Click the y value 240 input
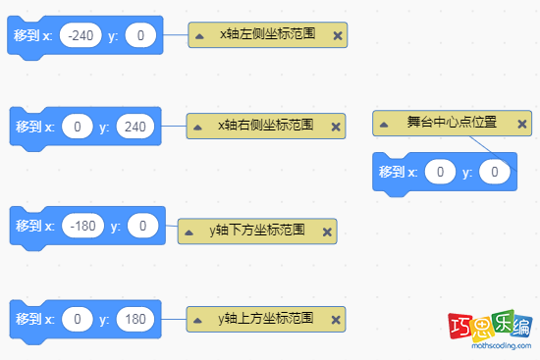(x=135, y=127)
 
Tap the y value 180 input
(x=135, y=320)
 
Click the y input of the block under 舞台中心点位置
(x=496, y=173)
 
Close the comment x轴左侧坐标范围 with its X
(x=338, y=35)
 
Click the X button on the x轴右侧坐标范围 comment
(x=336, y=126)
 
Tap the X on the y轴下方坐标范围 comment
(x=327, y=231)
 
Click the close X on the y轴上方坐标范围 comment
(x=336, y=319)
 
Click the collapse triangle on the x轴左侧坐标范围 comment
(x=199, y=35)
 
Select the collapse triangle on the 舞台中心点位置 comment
(x=386, y=124)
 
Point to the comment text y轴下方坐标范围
(x=256, y=231)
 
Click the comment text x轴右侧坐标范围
(x=265, y=126)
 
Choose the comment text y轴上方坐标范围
(x=265, y=319)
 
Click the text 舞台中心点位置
(x=452, y=124)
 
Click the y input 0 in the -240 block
(x=141, y=36)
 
